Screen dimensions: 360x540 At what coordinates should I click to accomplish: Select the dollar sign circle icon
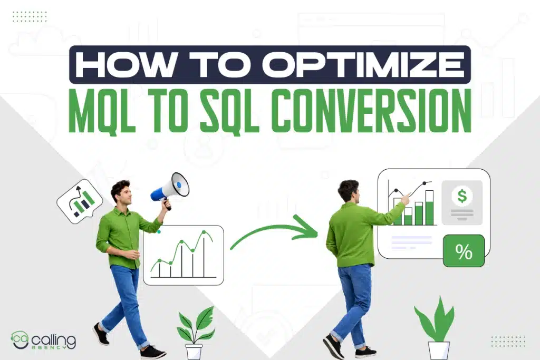coord(462,197)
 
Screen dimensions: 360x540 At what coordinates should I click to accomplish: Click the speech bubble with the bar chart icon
coord(79,201)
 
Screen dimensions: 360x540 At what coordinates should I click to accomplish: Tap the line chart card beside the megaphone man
coord(183,255)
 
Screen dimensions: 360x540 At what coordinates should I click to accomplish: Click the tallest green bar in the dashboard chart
coord(429,208)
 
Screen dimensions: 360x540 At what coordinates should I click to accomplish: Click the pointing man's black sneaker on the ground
coord(333,346)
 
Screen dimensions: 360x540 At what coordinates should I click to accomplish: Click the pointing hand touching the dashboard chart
coord(404,199)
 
